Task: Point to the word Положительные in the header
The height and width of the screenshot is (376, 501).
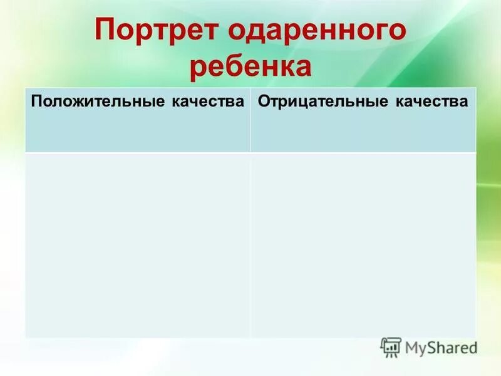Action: (96, 102)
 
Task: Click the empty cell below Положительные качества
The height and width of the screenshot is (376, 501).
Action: (137, 244)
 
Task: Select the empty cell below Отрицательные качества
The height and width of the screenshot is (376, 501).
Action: (363, 244)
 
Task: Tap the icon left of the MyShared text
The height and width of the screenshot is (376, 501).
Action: (391, 347)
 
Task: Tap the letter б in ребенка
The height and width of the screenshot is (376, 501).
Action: (234, 66)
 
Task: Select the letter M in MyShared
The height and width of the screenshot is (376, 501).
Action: (413, 347)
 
